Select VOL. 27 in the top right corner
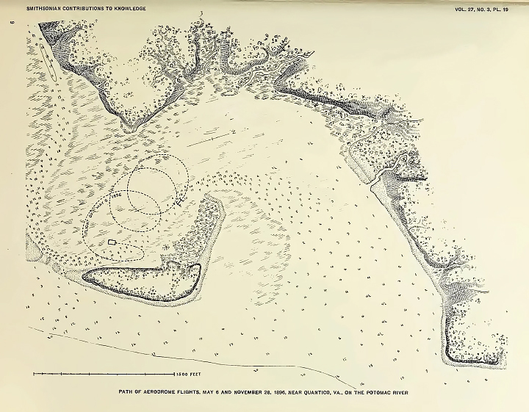pyautogui.click(x=461, y=9)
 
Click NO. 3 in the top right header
pyautogui.click(x=486, y=9)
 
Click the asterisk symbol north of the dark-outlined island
pyautogui.click(x=174, y=247)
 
